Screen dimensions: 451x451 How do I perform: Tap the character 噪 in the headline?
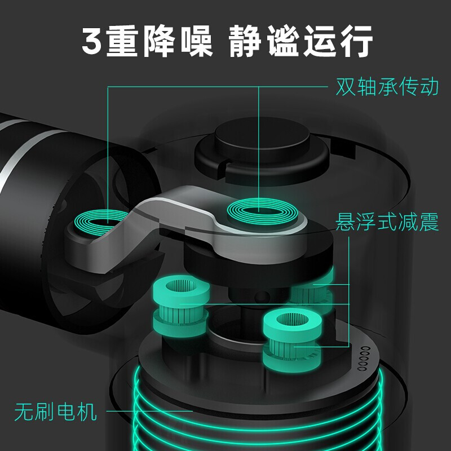click(197, 41)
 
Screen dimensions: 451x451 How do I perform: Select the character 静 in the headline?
click(245, 41)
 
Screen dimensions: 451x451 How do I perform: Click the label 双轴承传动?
click(387, 86)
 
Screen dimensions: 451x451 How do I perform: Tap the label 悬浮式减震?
click(387, 222)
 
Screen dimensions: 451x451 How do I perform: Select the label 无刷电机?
click(55, 412)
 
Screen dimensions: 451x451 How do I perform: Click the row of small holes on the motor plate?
click(364, 359)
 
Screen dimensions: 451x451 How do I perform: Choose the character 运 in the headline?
click(320, 41)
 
